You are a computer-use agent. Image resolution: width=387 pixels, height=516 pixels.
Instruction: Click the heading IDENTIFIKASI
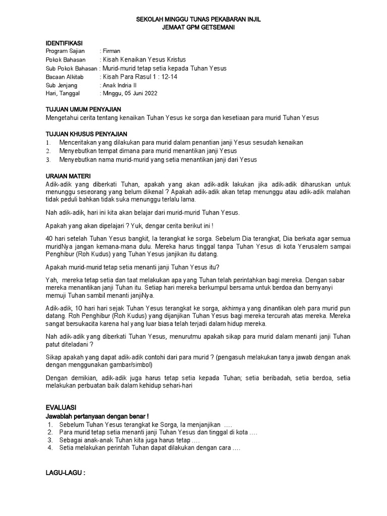tap(64, 43)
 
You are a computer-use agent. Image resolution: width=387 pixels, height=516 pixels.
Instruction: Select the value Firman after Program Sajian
tap(113, 51)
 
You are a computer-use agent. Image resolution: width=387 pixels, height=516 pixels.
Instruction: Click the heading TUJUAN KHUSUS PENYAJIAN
tap(86, 134)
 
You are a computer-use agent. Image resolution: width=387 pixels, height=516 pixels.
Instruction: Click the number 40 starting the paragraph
tap(49, 238)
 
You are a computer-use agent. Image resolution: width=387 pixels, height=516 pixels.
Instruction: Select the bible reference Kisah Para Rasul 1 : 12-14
tap(140, 77)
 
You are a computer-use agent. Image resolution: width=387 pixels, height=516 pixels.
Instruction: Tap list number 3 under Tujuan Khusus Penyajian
tap(48, 160)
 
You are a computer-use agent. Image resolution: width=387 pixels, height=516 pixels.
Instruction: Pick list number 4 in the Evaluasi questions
tap(50, 448)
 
